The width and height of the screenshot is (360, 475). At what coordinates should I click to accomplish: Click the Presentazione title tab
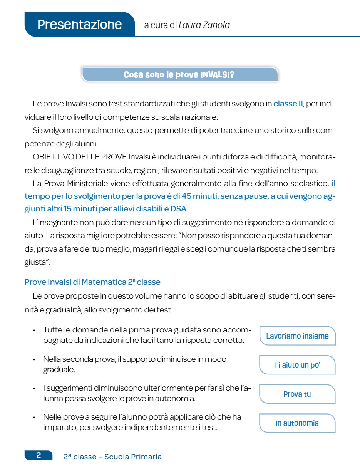(x=79, y=25)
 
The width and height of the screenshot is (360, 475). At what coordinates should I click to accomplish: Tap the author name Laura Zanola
(x=204, y=25)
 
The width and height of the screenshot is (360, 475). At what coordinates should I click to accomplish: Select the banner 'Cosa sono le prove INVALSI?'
(x=179, y=74)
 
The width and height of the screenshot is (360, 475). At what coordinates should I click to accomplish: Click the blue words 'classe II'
(x=288, y=104)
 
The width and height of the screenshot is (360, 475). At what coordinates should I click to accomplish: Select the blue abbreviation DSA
(x=178, y=209)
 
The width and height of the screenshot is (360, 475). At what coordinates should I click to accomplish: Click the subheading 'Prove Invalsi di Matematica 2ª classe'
(x=92, y=282)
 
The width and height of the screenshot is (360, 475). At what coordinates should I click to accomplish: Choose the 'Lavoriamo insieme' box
(x=297, y=336)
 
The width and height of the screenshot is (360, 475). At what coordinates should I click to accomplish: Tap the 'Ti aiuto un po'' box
(x=297, y=365)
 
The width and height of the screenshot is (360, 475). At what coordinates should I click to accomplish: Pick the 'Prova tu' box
(x=297, y=394)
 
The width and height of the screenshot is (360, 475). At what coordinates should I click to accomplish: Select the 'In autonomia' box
(x=297, y=423)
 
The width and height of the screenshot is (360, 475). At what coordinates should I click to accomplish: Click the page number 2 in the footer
(x=39, y=455)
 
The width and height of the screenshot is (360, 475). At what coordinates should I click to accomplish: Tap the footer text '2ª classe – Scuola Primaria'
(x=112, y=457)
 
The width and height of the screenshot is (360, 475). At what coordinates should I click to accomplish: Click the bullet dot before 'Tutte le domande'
(x=34, y=331)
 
